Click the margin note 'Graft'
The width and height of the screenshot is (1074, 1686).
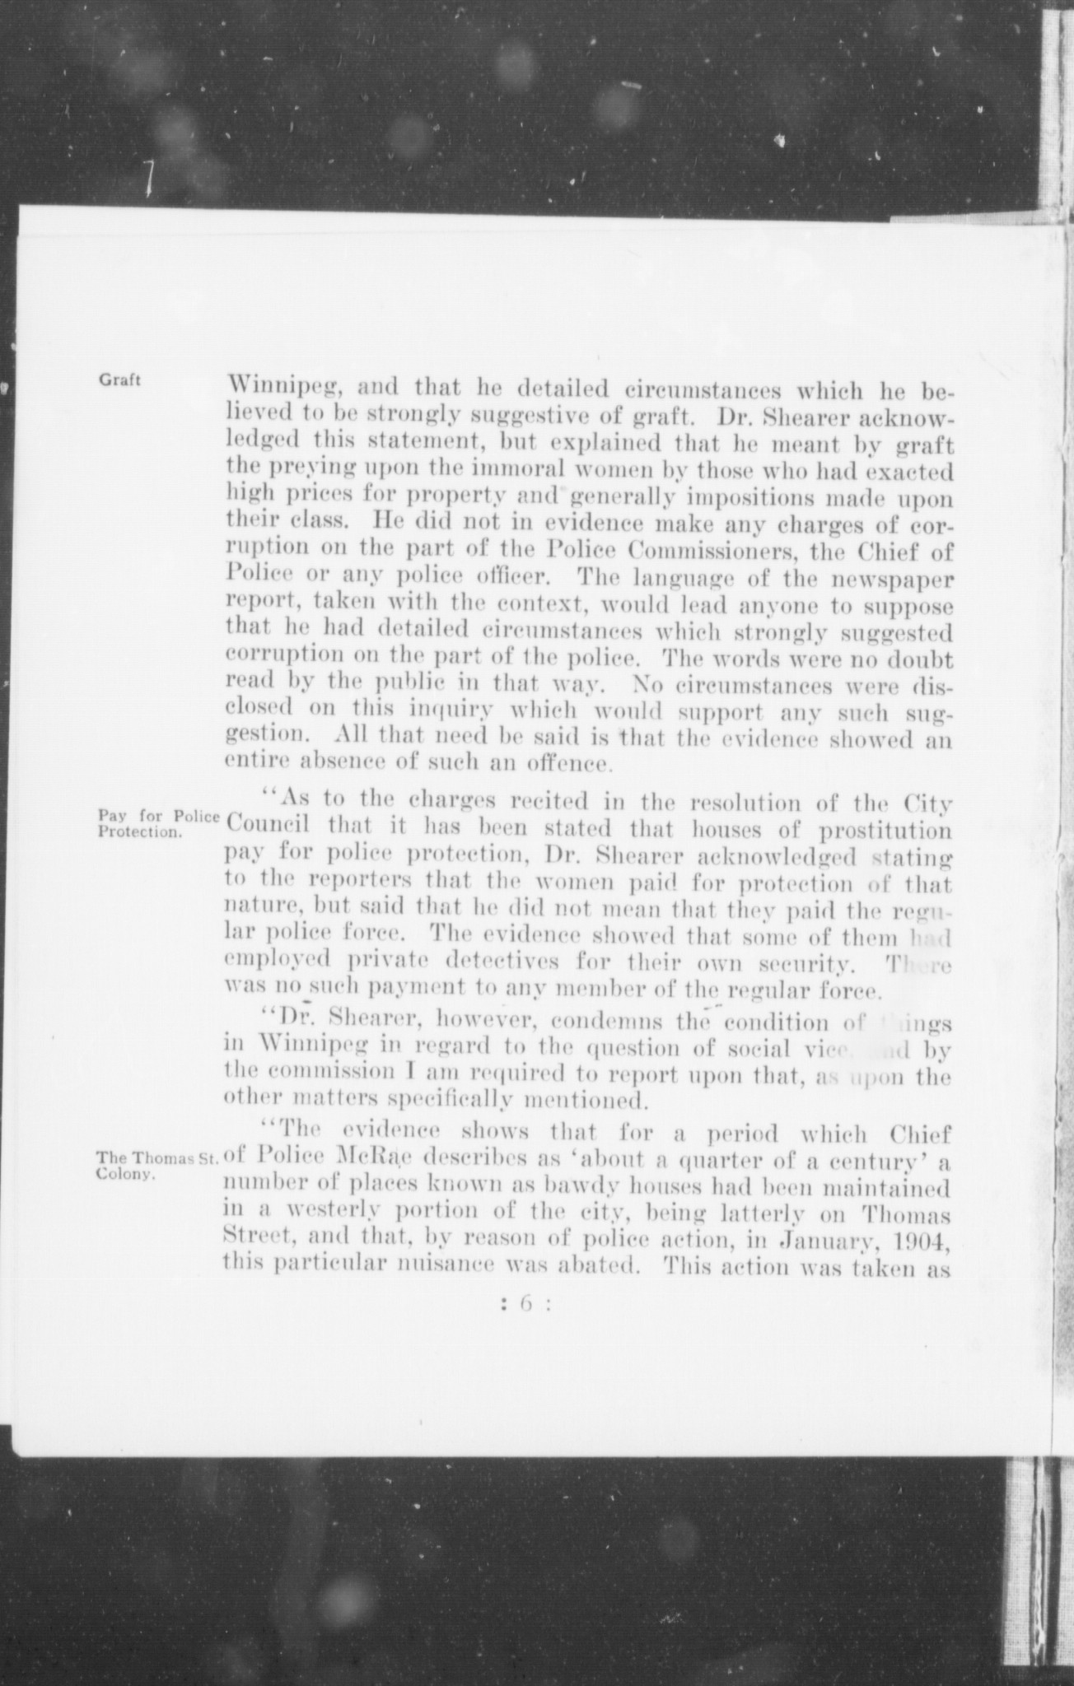[x=119, y=380]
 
